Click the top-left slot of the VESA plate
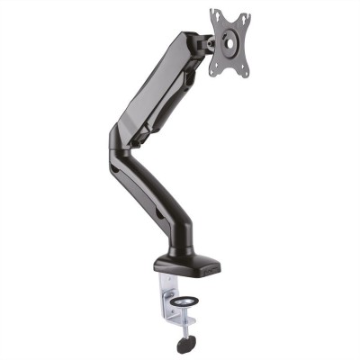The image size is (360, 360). click(216, 15)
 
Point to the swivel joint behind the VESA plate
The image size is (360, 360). click(205, 40)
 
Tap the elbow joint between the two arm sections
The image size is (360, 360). click(121, 144)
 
